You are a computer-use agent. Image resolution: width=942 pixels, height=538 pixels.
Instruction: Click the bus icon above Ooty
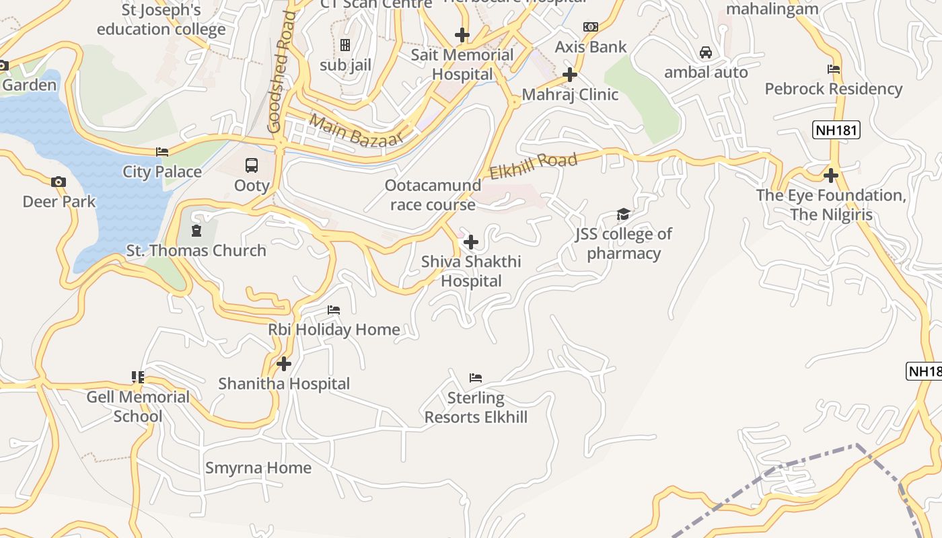tap(252, 165)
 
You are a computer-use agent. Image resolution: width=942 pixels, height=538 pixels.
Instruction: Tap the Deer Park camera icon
tap(59, 182)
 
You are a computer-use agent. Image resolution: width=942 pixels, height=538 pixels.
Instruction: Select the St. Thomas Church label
tap(196, 251)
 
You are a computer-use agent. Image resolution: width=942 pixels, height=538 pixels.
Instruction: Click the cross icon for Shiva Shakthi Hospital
tap(471, 242)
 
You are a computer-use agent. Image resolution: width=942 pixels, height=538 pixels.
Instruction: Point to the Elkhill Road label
tap(534, 165)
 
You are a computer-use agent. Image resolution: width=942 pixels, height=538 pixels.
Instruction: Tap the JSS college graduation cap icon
tap(624, 215)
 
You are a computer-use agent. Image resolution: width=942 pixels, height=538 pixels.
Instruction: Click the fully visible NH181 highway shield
tap(836, 130)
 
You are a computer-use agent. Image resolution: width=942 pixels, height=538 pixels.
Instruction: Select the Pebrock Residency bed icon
tap(833, 69)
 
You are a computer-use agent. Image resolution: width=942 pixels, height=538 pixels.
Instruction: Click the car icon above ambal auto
tap(706, 52)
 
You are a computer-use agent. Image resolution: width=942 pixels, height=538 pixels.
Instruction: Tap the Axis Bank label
tap(590, 47)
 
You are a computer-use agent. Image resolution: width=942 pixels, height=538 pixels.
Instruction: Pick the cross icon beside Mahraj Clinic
tap(570, 74)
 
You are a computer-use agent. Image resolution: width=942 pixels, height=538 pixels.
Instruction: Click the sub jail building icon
tap(345, 45)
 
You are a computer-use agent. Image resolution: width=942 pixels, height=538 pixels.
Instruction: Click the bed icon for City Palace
tap(162, 152)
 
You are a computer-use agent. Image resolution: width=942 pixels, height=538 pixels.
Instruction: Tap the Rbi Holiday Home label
tap(334, 330)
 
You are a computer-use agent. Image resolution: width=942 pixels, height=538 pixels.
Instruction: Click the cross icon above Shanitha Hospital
tap(284, 364)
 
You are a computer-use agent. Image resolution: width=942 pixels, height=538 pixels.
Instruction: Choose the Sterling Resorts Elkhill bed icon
tap(476, 377)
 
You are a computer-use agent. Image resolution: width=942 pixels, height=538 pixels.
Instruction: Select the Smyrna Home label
tap(258, 468)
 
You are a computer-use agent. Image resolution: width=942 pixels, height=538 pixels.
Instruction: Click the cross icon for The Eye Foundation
tap(831, 176)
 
